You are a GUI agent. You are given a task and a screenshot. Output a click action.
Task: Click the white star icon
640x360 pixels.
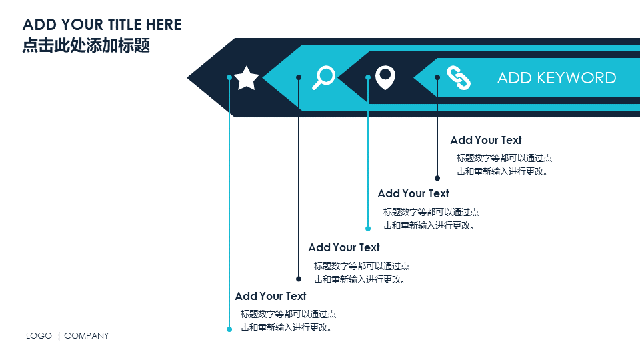(x=247, y=78)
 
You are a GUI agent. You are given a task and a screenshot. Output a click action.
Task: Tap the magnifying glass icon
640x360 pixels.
(x=324, y=77)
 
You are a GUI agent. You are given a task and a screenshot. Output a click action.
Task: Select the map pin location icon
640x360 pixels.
(x=385, y=77)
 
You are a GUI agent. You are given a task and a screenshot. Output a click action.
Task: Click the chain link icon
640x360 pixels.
(x=459, y=77)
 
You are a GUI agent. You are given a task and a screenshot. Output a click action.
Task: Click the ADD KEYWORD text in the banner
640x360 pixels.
(x=557, y=77)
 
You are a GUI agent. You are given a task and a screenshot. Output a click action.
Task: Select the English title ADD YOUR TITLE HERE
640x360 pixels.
(x=102, y=25)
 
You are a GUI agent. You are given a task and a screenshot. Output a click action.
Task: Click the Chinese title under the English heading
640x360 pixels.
(x=86, y=45)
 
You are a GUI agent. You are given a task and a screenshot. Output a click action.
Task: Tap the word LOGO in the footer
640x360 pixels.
(x=39, y=336)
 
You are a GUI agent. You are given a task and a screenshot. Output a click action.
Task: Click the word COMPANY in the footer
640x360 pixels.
(x=86, y=336)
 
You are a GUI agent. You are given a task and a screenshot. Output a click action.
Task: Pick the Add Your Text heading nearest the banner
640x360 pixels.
(x=486, y=140)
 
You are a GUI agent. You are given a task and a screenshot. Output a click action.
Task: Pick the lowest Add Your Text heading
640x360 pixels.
(x=271, y=296)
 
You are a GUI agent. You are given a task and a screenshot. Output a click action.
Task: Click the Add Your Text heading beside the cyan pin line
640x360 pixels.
(x=413, y=193)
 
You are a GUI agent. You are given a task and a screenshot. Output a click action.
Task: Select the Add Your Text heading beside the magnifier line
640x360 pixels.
(x=344, y=247)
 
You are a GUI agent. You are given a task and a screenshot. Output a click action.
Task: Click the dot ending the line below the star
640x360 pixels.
(x=229, y=329)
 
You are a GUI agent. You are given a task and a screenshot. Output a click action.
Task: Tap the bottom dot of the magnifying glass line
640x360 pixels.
(x=299, y=279)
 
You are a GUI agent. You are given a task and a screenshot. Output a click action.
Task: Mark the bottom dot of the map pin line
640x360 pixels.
(x=368, y=228)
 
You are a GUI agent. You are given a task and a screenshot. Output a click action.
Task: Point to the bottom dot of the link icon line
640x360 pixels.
(x=437, y=178)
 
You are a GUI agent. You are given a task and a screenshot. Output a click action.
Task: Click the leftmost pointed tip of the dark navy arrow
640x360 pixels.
(x=189, y=78)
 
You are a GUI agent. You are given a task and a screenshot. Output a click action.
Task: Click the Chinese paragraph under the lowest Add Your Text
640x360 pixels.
(x=288, y=321)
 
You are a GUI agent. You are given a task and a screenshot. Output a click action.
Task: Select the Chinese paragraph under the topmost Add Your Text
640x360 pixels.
(x=504, y=165)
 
